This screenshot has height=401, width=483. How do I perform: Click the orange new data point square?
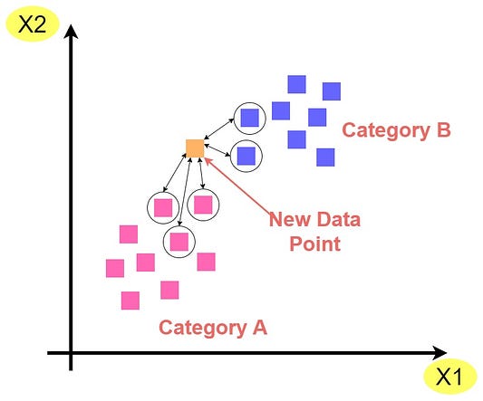coord(195,148)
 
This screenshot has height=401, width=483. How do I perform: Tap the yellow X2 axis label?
coord(33,24)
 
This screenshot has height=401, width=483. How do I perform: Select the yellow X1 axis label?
coord(449,376)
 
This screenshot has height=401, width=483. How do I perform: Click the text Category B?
coord(396,130)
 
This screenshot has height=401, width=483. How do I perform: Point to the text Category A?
coord(213,328)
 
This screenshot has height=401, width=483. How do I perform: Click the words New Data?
coord(314,220)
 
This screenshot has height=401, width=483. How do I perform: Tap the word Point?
coord(314,244)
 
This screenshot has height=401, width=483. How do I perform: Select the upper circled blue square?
coord(249,118)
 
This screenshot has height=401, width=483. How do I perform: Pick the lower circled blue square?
coord(246,156)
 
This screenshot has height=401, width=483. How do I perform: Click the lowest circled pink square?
coord(179,242)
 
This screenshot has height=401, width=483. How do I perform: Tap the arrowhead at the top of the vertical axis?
coord(71,32)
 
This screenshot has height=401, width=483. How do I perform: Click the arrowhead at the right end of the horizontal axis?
coord(440,353)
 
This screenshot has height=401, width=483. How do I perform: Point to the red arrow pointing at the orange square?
coord(238,186)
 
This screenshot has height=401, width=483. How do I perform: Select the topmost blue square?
coord(297,84)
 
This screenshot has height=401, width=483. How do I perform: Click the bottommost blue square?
coord(325,158)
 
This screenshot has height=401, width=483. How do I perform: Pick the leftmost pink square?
coord(115,268)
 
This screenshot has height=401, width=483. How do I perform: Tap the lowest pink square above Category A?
coord(130,301)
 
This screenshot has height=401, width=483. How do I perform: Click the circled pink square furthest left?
coord(163,207)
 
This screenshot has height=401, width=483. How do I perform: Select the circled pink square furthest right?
coord(203,205)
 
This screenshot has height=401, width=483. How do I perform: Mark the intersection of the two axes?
coord(71,353)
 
